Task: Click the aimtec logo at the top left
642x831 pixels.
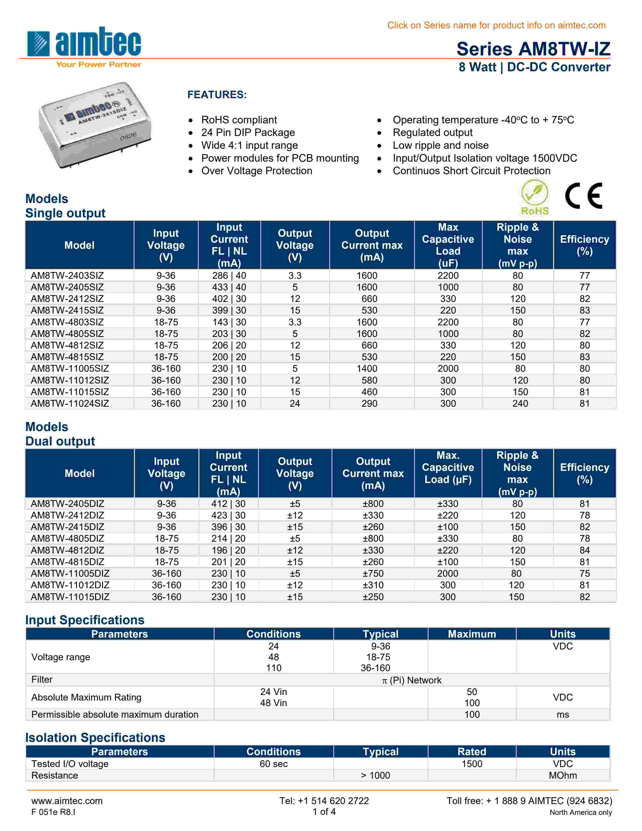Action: tap(84, 46)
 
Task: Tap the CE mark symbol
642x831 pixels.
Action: tap(583, 196)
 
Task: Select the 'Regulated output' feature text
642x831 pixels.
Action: tap(433, 132)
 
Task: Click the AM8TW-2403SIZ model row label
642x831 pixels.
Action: tap(67, 275)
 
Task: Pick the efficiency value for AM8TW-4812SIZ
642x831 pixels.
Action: tap(584, 345)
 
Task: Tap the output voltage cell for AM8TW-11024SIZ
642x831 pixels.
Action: tap(295, 404)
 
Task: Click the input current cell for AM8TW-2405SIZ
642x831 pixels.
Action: tap(229, 287)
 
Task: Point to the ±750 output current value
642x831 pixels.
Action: tap(373, 573)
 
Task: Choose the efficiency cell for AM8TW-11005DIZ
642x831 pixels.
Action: tap(584, 573)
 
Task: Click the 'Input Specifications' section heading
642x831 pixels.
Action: tap(85, 620)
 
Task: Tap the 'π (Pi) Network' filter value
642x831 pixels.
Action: tap(412, 680)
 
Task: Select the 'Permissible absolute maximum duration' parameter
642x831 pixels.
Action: tap(115, 715)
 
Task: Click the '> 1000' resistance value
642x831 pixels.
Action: tap(375, 775)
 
